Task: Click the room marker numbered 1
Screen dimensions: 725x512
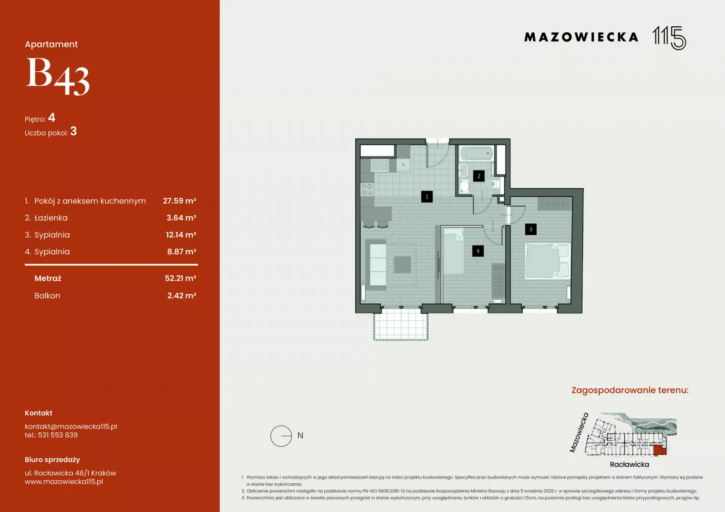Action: click(427, 197)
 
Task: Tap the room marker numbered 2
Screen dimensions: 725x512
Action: click(479, 176)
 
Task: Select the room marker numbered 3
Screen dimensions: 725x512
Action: click(531, 229)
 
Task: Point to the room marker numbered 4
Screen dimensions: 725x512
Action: click(478, 251)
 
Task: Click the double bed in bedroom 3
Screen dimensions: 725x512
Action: click(547, 261)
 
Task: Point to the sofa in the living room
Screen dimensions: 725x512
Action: click(376, 265)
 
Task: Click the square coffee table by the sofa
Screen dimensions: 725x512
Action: click(403, 264)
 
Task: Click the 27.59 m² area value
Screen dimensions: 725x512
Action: click(179, 201)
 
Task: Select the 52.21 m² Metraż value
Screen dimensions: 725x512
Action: click(180, 278)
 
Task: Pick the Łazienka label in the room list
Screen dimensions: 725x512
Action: click(51, 218)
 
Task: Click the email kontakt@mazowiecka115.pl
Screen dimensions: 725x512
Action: click(71, 426)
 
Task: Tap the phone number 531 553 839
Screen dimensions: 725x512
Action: click(58, 435)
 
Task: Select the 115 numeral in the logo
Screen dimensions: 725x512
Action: click(669, 38)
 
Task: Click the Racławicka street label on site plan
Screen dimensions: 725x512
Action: click(629, 464)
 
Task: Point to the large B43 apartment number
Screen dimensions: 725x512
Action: click(57, 77)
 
